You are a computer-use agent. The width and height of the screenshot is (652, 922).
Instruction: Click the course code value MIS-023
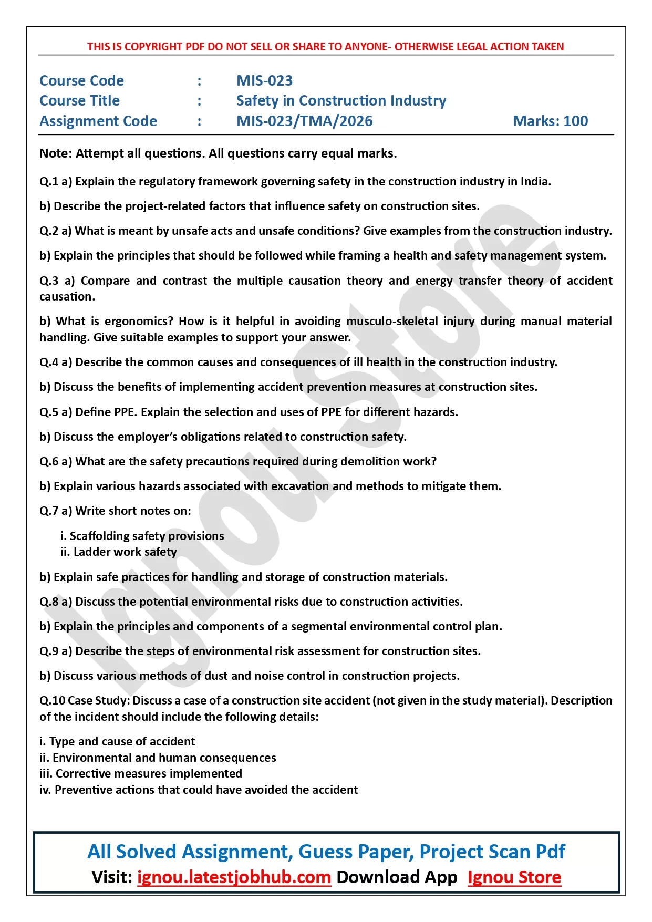coord(264,80)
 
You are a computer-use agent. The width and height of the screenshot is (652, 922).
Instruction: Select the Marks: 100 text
coord(550,121)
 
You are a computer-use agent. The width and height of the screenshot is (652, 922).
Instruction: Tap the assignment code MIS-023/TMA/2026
coord(304,121)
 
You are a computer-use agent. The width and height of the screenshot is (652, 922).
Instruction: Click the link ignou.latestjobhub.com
coord(234,877)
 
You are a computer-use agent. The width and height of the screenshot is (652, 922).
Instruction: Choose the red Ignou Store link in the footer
coord(514,877)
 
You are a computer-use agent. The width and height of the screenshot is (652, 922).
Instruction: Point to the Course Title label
coord(80,101)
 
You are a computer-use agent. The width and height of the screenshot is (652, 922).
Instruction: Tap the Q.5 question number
coord(49,412)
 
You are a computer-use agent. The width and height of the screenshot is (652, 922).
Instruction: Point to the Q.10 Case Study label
coord(84,700)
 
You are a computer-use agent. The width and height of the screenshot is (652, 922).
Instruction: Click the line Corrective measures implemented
coord(149,773)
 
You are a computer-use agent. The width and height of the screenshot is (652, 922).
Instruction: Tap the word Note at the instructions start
coord(55,153)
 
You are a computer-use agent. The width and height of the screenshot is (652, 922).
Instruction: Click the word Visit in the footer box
coord(111,877)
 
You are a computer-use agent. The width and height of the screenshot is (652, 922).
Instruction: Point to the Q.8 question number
coord(49,602)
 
